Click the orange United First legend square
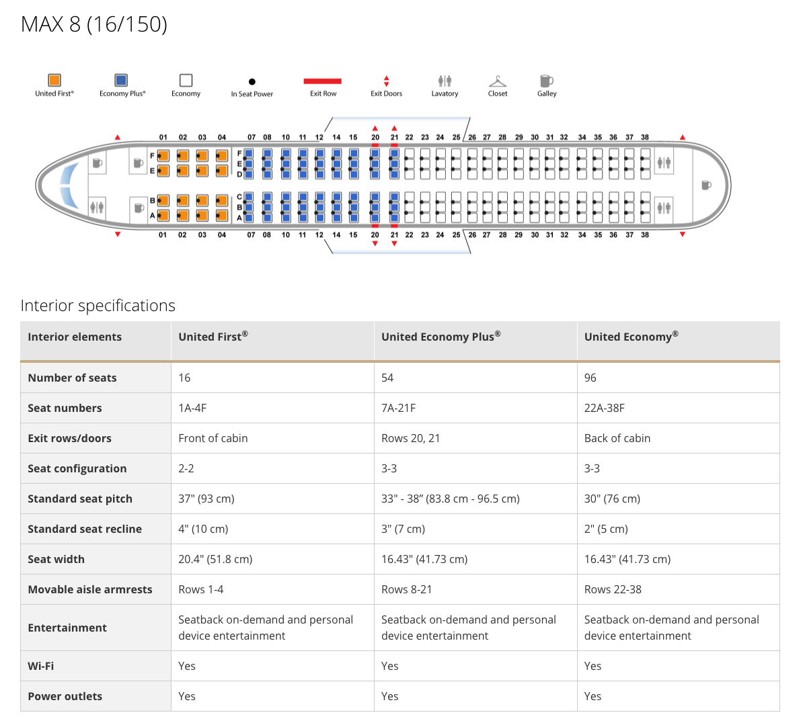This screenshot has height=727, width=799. (54, 81)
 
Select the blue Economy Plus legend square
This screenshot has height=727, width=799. (121, 81)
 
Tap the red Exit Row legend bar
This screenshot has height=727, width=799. (323, 81)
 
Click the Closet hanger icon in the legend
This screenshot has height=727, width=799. (498, 81)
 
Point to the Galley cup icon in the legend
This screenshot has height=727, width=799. (546, 81)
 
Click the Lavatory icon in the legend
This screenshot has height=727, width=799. (445, 81)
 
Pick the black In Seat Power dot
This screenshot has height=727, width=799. (252, 82)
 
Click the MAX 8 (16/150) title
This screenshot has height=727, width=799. (94, 24)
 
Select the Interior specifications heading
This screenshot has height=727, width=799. (98, 306)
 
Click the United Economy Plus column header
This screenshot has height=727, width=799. (441, 337)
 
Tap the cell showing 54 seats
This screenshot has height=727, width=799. (387, 378)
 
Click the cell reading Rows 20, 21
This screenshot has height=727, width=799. (410, 438)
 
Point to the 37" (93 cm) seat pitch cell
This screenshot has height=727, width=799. (206, 499)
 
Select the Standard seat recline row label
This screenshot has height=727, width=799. (85, 529)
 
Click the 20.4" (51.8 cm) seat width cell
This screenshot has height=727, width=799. (215, 559)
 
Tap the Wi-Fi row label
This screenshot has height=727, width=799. (41, 666)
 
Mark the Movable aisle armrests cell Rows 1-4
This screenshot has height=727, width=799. (201, 589)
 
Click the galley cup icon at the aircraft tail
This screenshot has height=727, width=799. (706, 185)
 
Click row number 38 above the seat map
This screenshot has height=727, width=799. (645, 137)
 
